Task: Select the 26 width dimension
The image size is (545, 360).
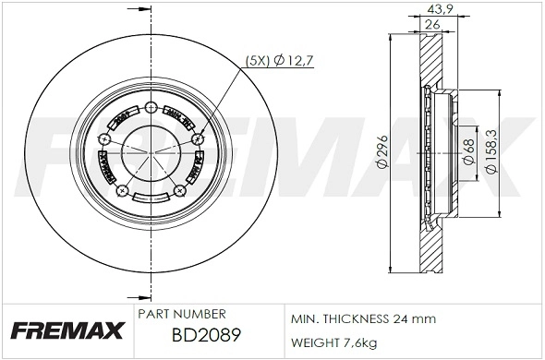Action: point(432,26)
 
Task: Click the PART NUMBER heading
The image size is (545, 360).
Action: point(181,314)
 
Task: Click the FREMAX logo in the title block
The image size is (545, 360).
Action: point(67,330)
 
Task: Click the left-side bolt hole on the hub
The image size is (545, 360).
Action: point(103,139)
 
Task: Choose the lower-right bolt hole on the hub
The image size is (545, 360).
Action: point(178,190)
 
